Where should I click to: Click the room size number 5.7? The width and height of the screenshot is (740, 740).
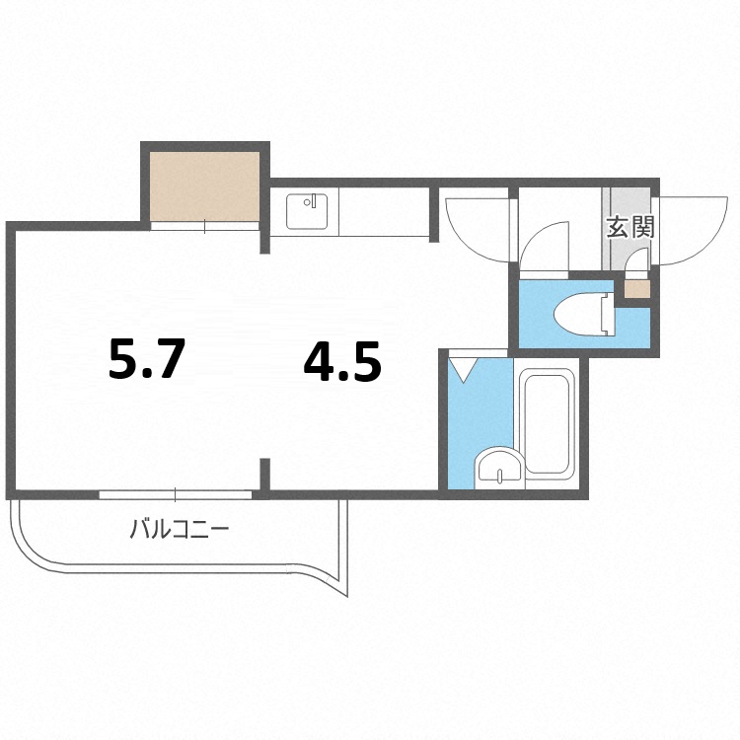click(x=145, y=359)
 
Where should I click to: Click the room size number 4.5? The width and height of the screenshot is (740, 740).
click(x=342, y=361)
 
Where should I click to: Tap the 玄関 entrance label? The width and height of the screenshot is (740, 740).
click(x=630, y=227)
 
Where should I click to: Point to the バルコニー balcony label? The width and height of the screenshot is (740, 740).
click(x=180, y=529)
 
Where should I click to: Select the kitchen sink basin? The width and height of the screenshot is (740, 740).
click(x=307, y=211)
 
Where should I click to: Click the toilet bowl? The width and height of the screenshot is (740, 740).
click(x=585, y=315)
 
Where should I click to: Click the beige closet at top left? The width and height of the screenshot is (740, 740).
click(x=205, y=185)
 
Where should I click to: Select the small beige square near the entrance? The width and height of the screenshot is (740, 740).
click(x=637, y=289)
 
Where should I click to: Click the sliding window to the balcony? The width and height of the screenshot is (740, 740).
click(x=175, y=495)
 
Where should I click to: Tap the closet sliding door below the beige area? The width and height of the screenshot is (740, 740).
click(x=205, y=226)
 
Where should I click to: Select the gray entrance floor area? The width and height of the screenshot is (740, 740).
click(x=627, y=229)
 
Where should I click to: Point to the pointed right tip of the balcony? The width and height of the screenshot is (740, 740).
click(x=347, y=597)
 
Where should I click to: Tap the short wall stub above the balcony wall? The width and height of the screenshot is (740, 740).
click(x=265, y=475)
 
